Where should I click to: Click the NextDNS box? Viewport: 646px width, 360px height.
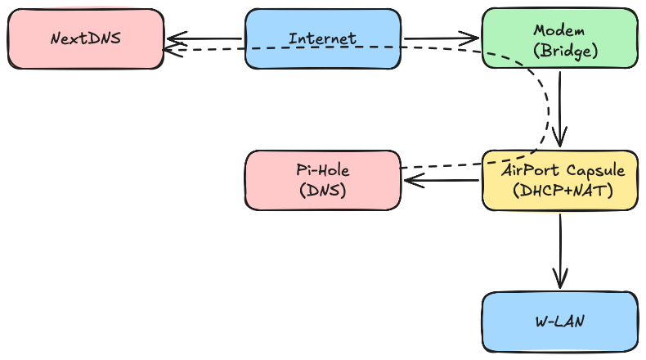coord(85,38)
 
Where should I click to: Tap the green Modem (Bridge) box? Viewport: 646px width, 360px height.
coord(559,39)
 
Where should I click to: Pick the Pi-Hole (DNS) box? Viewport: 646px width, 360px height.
coord(322,180)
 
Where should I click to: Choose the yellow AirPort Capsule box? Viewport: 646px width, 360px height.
coord(559,180)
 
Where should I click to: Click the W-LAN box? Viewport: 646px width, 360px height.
coord(559,321)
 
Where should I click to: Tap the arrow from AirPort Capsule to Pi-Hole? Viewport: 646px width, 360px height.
coord(442,181)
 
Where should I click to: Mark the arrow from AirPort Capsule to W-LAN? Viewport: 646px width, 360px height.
coord(560,250)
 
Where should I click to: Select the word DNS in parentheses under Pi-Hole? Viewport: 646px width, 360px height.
coord(322,191)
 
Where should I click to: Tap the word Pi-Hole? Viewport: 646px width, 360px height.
coord(322,171)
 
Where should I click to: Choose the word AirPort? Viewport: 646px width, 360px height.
coord(529,171)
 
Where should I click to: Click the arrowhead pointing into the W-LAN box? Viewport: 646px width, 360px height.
coord(560,280)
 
